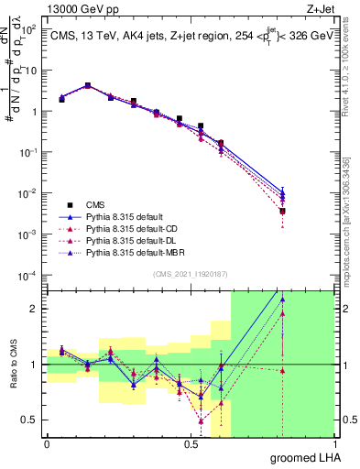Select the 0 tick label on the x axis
click(47, 442)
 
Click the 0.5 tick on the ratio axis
click(31, 420)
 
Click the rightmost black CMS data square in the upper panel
click(282, 211)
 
